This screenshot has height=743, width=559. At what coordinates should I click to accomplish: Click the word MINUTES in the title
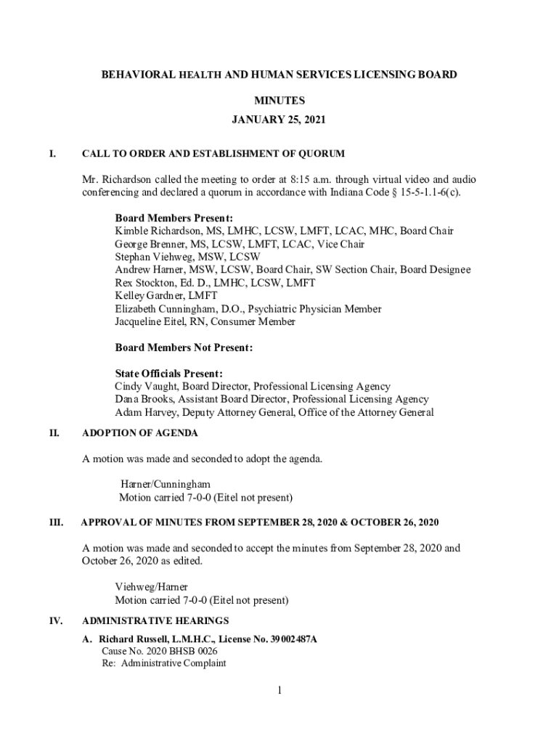(279, 101)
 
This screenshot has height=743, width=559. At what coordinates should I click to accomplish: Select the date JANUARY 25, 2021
(279, 120)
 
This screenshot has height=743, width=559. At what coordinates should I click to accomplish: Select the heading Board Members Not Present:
(184, 348)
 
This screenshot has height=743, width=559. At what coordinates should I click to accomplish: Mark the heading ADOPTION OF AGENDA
(140, 433)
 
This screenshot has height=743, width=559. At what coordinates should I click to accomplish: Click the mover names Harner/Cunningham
(166, 484)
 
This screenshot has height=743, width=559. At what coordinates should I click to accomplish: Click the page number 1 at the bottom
(278, 691)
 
